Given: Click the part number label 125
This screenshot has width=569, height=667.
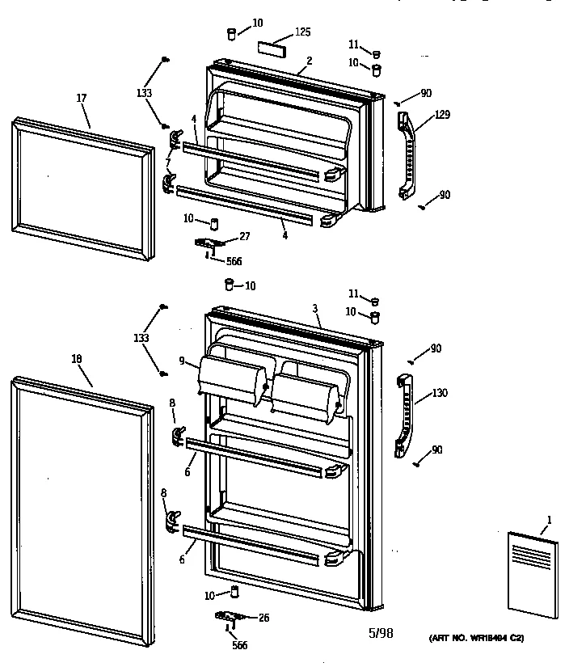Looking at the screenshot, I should click(x=302, y=32).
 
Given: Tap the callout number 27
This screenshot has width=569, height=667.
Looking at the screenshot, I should click(x=244, y=235).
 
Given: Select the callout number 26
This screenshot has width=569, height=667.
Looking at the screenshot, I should click(x=263, y=618).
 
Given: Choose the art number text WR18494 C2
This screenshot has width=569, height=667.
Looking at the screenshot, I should click(x=475, y=639).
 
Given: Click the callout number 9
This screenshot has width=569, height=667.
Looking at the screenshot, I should click(x=183, y=361).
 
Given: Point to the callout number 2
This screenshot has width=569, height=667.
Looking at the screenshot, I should click(x=309, y=61).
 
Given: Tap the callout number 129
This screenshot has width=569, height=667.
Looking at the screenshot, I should click(x=442, y=116).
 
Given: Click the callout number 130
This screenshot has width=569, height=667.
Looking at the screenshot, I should click(x=440, y=394).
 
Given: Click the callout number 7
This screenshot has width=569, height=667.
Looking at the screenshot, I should click(x=168, y=163).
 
